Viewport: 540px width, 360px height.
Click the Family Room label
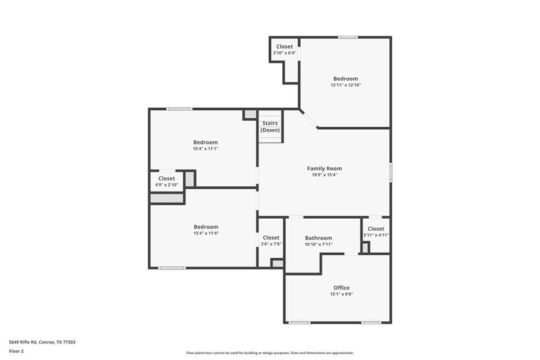(x=324, y=168)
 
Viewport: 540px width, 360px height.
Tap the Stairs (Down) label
(x=269, y=127)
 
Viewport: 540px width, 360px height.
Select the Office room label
(x=341, y=288)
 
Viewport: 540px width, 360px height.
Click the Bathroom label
(x=318, y=238)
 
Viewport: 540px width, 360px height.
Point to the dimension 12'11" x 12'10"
(x=345, y=85)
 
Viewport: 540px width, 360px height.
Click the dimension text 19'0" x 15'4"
(x=324, y=175)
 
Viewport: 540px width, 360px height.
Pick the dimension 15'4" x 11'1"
(x=205, y=149)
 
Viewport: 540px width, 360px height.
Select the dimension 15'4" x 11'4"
(x=205, y=233)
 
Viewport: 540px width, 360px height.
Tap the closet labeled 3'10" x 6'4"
(x=284, y=50)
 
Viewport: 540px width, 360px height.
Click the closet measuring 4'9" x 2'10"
(x=167, y=181)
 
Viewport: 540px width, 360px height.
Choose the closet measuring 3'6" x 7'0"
(x=271, y=241)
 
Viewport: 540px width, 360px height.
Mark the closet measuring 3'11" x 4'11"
(x=376, y=232)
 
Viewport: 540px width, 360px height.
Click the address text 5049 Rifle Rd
(x=42, y=342)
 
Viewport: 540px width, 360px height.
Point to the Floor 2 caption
(x=17, y=351)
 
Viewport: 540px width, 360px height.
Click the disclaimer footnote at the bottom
(x=269, y=353)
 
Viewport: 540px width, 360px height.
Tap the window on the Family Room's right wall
(x=390, y=171)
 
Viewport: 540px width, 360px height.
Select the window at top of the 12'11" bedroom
(x=348, y=37)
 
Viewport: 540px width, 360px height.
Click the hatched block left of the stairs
(x=250, y=114)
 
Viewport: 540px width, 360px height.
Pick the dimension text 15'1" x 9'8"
(x=341, y=294)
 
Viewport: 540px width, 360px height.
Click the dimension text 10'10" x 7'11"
(x=318, y=244)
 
